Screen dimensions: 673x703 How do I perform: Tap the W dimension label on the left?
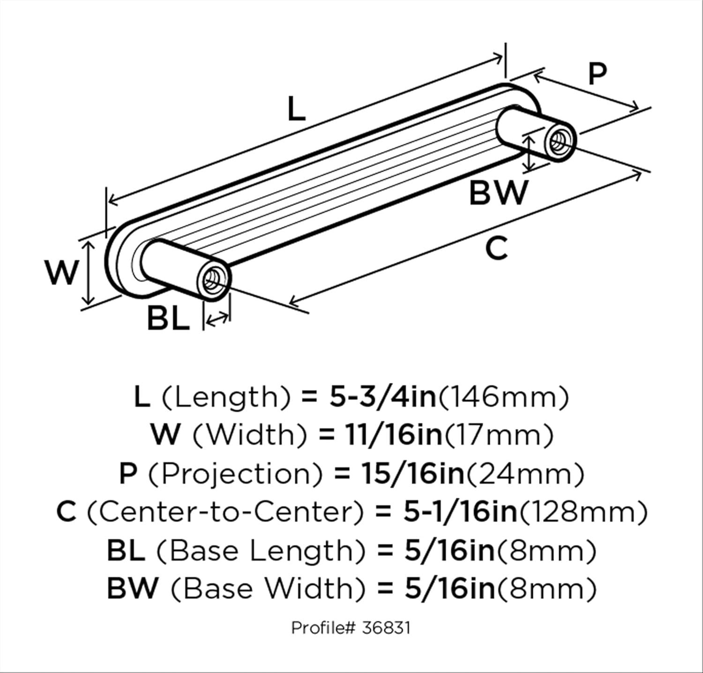(61, 273)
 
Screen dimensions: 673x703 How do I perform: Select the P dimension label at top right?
(597, 74)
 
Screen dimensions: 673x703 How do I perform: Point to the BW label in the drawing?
(498, 193)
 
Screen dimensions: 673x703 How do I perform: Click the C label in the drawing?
(496, 248)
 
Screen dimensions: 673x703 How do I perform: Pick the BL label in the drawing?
(168, 318)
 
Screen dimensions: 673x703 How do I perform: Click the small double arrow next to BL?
(217, 320)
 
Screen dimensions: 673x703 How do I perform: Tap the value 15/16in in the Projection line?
(412, 474)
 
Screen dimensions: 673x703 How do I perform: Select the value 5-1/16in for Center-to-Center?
(459, 512)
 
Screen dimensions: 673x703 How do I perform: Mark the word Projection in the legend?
(236, 474)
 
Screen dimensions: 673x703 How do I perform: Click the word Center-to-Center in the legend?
(225, 512)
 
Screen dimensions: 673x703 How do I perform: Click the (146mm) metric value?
(503, 397)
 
